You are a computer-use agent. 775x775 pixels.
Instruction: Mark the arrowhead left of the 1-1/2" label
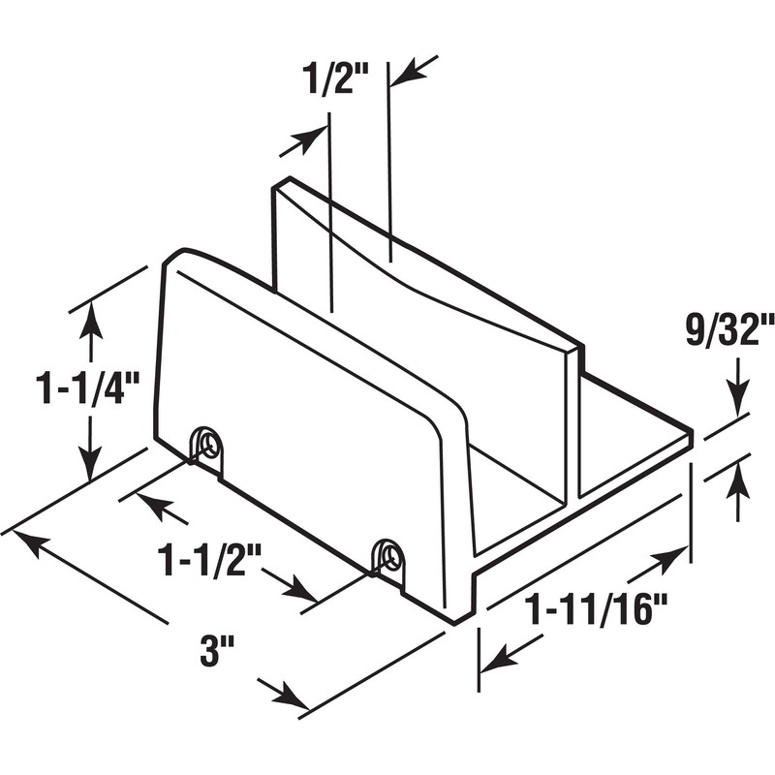pos(149,505)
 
